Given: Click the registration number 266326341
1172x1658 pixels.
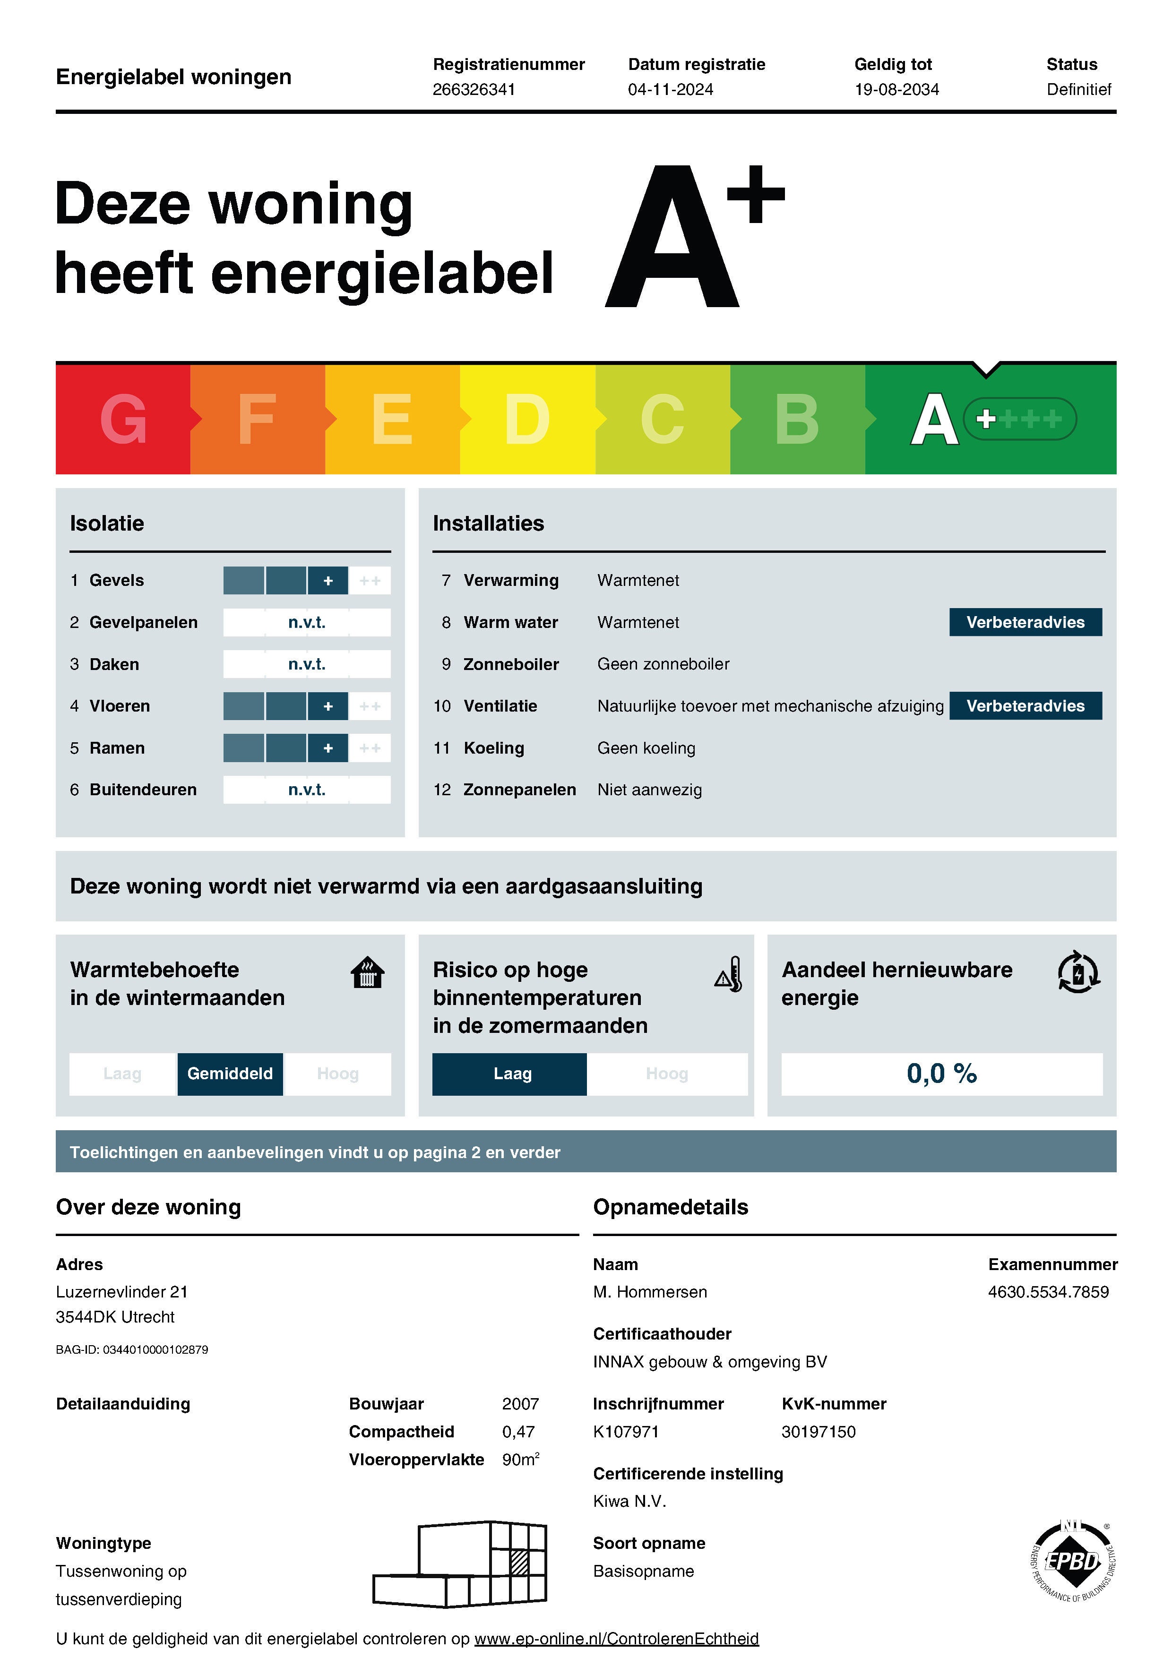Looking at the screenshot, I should coord(474,90).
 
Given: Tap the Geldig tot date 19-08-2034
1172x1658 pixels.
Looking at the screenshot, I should coord(896,90).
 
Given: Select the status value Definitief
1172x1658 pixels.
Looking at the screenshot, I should coord(1078,90).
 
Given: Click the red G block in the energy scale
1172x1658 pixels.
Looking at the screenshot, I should coord(123,419).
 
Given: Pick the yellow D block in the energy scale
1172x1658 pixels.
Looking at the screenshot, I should coord(527,419).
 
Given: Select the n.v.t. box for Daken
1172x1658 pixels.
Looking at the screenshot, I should coord(307,664).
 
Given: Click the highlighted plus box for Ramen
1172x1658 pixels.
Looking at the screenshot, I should coord(328,748).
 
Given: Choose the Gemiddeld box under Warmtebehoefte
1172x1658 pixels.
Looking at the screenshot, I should coord(230,1074).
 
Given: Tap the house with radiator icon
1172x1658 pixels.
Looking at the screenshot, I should coord(368,973).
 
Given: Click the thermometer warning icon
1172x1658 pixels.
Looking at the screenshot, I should coord(729,974).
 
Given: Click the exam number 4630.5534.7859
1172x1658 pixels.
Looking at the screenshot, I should coord(1048,1292).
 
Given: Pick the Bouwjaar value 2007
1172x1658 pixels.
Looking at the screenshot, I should coord(520,1404).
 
